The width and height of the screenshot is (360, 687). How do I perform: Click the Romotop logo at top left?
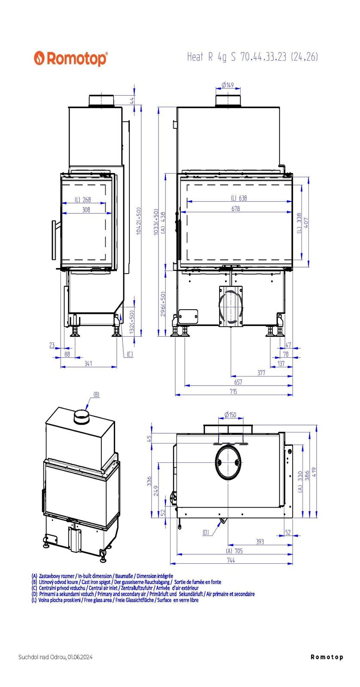71,58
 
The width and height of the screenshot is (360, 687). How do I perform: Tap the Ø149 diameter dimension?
228,85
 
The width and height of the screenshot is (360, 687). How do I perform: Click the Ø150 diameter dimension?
230,415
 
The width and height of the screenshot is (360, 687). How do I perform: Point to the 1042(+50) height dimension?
138,221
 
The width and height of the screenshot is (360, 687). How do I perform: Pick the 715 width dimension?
233,392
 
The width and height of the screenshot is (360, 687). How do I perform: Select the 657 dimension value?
238,382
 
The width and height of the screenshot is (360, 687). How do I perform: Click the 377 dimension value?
261,373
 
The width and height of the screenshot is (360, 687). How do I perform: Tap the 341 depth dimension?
88,364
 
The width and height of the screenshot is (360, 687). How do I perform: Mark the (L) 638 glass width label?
239,198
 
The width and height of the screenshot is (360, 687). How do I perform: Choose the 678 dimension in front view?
235,209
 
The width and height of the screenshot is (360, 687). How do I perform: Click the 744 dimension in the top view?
231,560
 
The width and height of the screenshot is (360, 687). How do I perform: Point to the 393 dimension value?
260,542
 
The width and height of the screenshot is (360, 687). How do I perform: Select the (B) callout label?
96,394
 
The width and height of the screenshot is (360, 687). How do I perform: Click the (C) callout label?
130,354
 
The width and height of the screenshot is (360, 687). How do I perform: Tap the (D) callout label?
206,533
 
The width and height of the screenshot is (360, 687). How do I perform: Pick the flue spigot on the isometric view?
81,416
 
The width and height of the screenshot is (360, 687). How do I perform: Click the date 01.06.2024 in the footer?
80,657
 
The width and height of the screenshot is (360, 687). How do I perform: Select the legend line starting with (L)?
115,600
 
